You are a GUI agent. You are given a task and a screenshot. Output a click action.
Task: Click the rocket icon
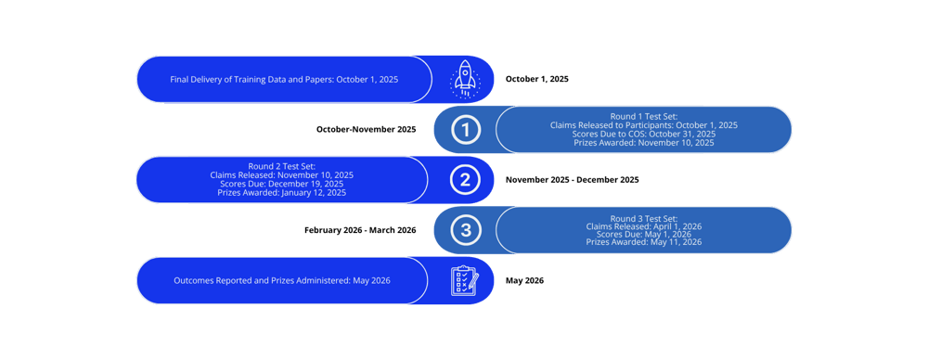point(465,79)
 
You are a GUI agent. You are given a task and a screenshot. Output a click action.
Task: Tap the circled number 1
point(465,130)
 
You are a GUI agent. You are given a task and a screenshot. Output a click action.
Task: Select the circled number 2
point(465,180)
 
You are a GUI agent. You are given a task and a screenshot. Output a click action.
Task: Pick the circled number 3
point(465,230)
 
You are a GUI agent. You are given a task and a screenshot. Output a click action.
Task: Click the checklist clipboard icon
point(465,280)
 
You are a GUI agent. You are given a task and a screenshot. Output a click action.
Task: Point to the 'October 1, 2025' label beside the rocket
point(536,80)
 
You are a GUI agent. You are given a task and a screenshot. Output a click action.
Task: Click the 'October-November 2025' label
point(367,129)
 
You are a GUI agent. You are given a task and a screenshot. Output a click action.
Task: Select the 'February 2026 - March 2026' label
point(360,229)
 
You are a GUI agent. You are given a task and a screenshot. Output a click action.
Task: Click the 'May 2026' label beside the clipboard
point(524,280)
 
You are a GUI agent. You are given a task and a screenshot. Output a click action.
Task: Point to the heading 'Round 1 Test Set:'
point(643,115)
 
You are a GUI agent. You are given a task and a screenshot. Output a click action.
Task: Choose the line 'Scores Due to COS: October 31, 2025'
point(643,134)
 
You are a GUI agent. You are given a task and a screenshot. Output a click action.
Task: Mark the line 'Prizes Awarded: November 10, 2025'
point(643,143)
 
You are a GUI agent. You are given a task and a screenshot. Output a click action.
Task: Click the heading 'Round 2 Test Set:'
point(283,165)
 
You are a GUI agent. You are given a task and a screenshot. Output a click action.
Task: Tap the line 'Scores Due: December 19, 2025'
point(283,184)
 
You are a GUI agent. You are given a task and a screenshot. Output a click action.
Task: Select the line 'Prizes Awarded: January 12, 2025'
point(283,193)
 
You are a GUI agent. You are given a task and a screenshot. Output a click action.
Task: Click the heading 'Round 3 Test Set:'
point(643,219)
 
